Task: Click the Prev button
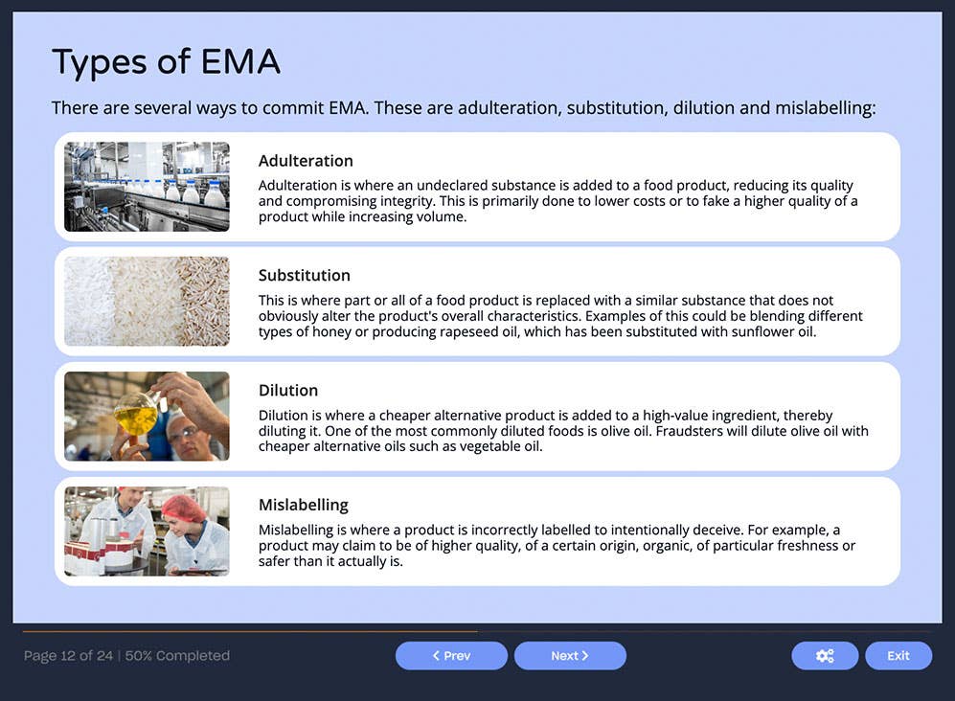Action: click(x=451, y=656)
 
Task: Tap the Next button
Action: click(x=570, y=656)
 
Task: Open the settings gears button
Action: click(x=825, y=656)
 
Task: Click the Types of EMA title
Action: click(x=166, y=62)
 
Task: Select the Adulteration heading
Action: click(x=306, y=161)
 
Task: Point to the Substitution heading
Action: click(x=305, y=276)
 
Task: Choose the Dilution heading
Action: click(x=288, y=391)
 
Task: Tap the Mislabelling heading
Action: click(x=304, y=506)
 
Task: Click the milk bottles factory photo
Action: click(x=147, y=187)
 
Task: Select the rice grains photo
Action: click(x=147, y=302)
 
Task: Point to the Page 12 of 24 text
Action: click(x=68, y=656)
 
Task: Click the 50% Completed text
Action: click(x=177, y=656)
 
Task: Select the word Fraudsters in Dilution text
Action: click(x=690, y=431)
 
